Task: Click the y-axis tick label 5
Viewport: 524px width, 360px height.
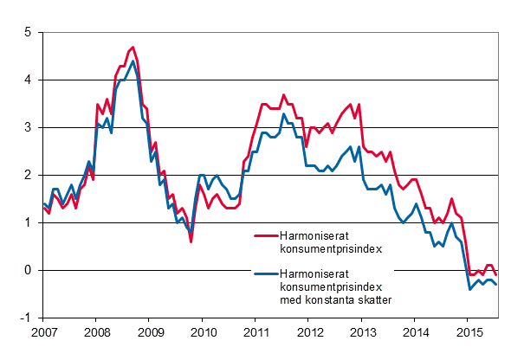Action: point(28,33)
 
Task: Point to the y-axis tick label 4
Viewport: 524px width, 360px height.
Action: point(28,80)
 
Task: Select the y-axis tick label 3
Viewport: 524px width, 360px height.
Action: point(28,128)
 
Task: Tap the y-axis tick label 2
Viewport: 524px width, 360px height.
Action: point(28,176)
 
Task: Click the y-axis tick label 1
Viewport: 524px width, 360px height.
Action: point(28,223)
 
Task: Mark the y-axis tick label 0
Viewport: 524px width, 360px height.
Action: point(28,271)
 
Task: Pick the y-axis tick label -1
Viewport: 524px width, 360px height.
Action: point(26,318)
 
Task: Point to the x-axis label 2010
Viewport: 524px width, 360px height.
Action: point(203,332)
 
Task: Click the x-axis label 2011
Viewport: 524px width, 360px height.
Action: point(256,332)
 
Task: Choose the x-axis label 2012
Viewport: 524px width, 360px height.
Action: point(309,332)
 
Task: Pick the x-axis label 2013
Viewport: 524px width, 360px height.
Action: point(362,332)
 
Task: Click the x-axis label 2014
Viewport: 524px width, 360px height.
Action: point(416,332)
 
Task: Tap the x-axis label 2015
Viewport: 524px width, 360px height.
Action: point(469,332)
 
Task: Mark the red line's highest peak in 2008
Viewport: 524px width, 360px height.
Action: point(133,47)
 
